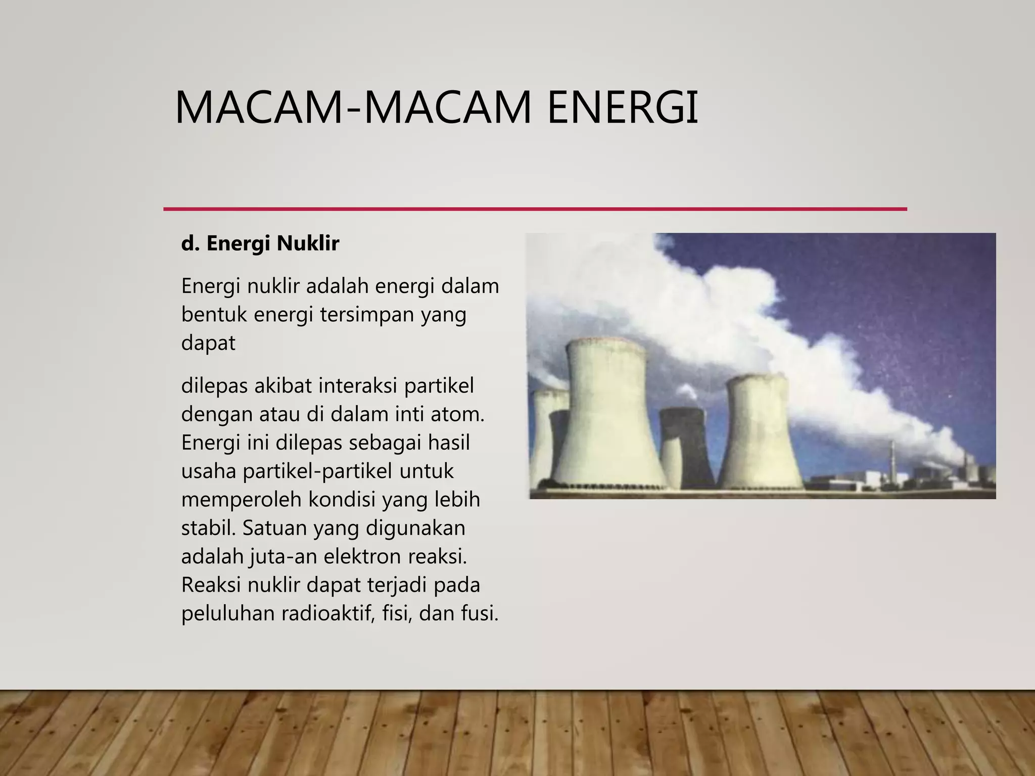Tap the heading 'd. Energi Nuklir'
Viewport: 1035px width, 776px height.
click(x=260, y=244)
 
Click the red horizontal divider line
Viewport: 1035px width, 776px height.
click(x=535, y=209)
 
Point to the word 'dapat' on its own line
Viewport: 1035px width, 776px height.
click(x=208, y=343)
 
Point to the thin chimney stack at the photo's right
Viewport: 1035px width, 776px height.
click(x=892, y=462)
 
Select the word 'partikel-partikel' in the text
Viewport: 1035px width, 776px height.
click(x=317, y=471)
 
